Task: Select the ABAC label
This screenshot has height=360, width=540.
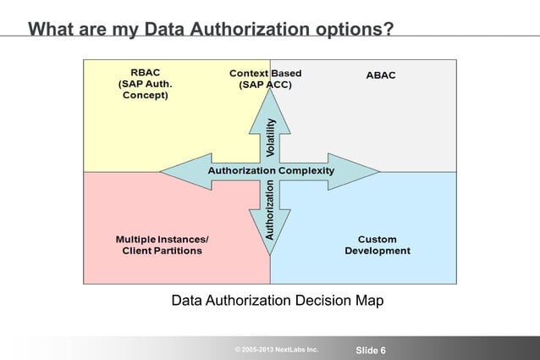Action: coord(380,75)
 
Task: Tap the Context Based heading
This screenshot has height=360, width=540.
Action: coord(265,74)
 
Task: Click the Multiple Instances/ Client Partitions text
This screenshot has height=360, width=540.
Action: coord(163,246)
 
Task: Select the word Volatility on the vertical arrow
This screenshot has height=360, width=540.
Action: coord(270,137)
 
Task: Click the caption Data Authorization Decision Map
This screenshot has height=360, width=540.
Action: coord(278,301)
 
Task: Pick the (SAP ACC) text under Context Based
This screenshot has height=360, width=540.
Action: coord(265,86)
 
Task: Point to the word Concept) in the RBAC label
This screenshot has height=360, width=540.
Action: coord(145,96)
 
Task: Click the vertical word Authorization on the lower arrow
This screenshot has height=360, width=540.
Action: coord(270,207)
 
